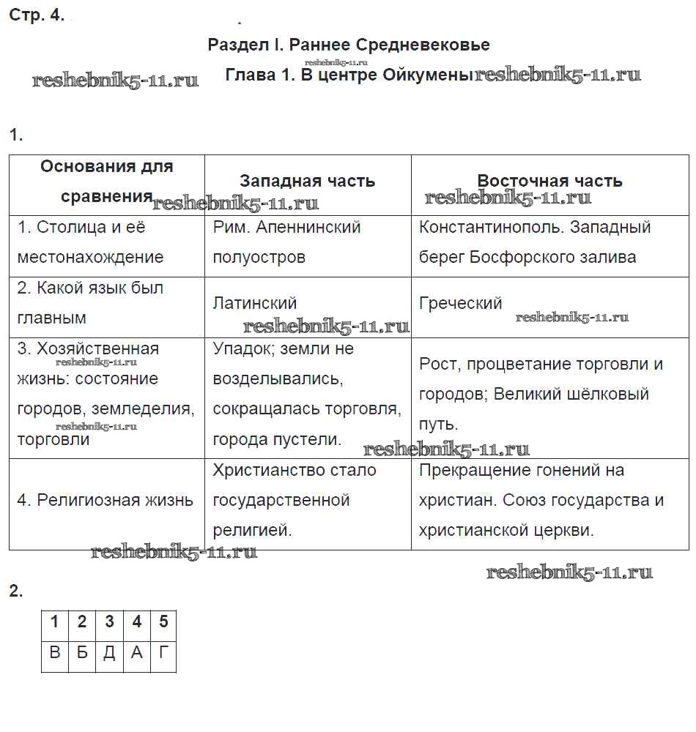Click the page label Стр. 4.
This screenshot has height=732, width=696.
pos(37,15)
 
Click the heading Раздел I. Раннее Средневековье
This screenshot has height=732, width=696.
pos(349,45)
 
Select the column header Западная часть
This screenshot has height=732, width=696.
pos(307,181)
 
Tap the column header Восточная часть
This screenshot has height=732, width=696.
pos(549,181)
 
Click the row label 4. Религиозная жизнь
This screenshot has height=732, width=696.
pos(105,501)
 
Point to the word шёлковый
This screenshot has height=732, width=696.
pos(609,394)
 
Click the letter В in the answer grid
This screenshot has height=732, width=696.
pos(55,652)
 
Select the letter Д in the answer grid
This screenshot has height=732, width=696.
pos(109,652)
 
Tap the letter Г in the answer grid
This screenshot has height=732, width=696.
pos(163,652)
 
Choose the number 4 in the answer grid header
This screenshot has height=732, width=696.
pos(136,622)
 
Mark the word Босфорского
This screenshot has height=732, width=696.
pos(519,257)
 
